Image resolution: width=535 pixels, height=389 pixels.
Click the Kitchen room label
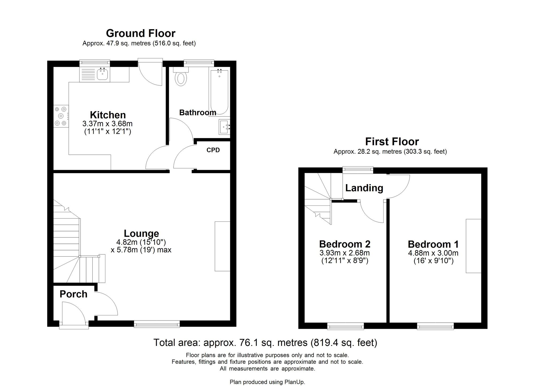(x=108, y=115)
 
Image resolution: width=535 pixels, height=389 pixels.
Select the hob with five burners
(x=61, y=116)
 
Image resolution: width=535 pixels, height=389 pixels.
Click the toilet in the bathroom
(x=181, y=78)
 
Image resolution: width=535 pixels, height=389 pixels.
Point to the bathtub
(x=219, y=92)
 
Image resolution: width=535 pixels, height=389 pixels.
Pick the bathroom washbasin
(x=224, y=127)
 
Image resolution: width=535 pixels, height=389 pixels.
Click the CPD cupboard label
(x=213, y=150)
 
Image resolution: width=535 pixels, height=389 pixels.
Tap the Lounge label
(x=141, y=233)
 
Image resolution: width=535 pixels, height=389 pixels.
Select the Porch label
(x=73, y=294)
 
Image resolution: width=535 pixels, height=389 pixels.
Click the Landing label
(x=364, y=188)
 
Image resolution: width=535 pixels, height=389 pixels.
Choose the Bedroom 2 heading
(x=345, y=244)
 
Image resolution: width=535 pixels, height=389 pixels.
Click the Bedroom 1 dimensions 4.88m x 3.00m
(x=433, y=253)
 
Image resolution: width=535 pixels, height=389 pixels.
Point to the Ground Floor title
(x=141, y=33)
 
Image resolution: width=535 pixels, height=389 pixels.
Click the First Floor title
(x=392, y=142)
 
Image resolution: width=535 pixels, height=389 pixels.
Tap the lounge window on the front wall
(x=157, y=324)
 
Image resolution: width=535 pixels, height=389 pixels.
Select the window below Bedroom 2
(x=345, y=326)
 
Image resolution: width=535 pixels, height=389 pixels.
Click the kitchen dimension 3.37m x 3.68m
(x=108, y=124)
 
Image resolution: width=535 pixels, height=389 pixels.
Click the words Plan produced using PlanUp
(x=267, y=382)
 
